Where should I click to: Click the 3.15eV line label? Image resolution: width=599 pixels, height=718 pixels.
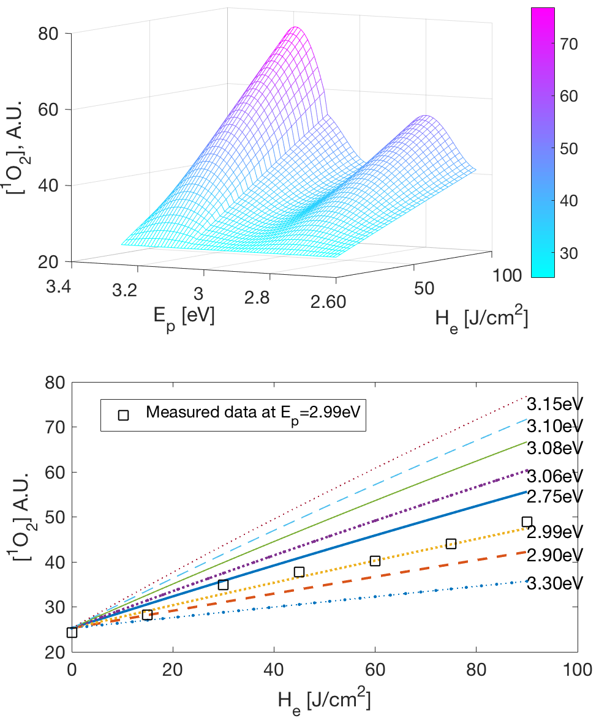(557, 404)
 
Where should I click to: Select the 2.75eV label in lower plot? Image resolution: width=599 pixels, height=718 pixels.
(557, 495)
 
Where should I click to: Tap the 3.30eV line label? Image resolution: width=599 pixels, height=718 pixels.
(557, 582)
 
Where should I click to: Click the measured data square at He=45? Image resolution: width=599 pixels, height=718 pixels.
(299, 572)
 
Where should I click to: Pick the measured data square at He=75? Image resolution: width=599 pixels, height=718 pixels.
(451, 544)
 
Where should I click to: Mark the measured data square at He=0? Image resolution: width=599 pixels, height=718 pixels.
(72, 632)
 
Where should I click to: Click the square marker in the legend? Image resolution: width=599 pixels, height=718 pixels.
(124, 414)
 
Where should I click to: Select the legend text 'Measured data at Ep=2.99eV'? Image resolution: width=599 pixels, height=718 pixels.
(255, 414)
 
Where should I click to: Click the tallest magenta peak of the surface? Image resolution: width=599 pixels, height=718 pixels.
(295, 28)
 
